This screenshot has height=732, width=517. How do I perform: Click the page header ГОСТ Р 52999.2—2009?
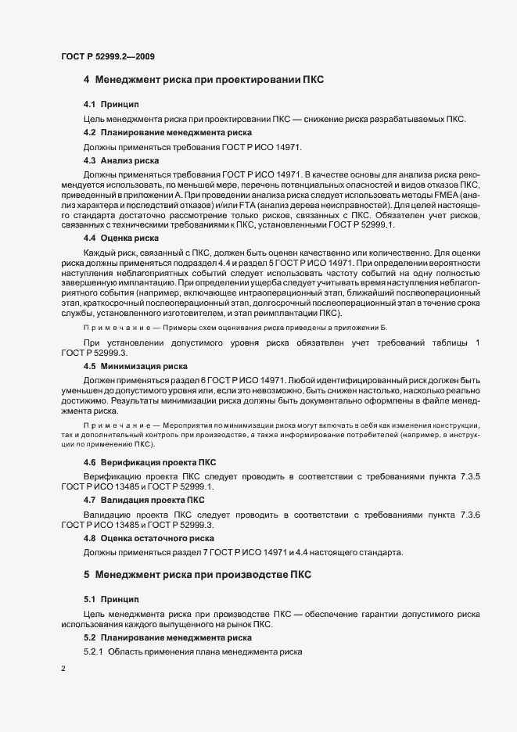click(x=111, y=56)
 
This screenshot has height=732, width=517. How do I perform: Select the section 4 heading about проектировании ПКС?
click(x=203, y=80)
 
